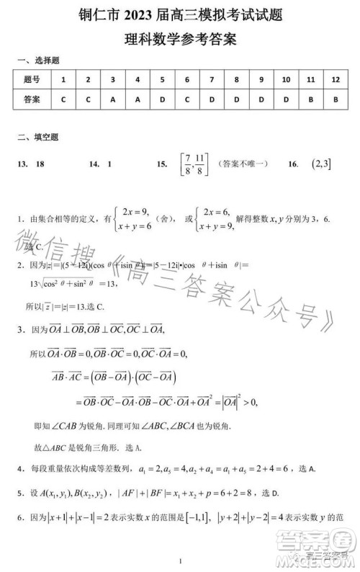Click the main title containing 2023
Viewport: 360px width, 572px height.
pos(180,16)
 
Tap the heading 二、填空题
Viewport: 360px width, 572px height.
pos(37,136)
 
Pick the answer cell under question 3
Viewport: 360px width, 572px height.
pos(113,99)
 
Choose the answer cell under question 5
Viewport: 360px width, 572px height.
pos(162,99)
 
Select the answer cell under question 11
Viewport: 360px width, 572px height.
pos(310,99)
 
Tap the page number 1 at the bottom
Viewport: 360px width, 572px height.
pos(181,562)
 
